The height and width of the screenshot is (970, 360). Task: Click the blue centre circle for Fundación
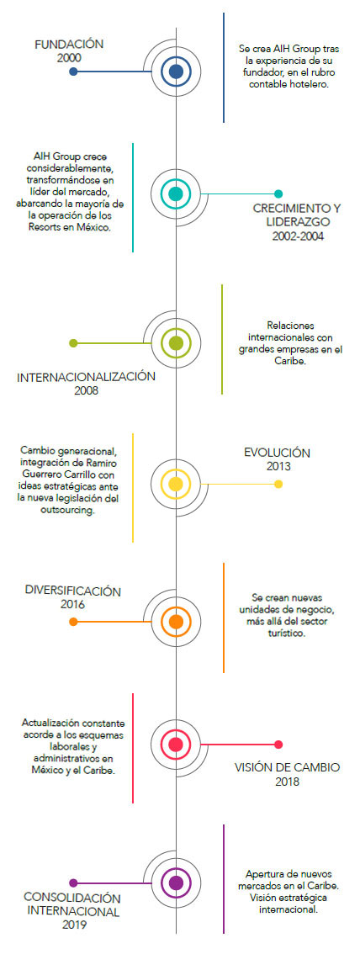point(176,72)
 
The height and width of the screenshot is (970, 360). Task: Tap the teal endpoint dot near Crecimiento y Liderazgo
point(278,193)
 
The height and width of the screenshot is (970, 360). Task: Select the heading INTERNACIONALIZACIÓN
point(86,377)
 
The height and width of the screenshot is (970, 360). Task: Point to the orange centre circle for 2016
point(176,621)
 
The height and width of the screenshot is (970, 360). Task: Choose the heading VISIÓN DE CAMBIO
point(287,768)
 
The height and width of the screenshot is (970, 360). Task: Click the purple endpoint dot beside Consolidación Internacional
point(74,883)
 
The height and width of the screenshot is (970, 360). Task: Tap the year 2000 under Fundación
point(69,57)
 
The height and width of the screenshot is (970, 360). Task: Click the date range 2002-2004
point(298,236)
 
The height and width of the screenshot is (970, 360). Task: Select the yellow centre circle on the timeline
point(176,484)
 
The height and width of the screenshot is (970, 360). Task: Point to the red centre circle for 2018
point(176,745)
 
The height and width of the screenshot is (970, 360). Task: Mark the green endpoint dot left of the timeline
point(74,342)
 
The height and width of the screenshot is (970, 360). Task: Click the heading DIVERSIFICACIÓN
point(73,591)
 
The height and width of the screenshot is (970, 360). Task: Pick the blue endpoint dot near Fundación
point(74,72)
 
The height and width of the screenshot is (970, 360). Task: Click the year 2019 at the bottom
point(74,925)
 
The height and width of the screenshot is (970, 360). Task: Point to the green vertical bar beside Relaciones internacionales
point(223,339)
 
